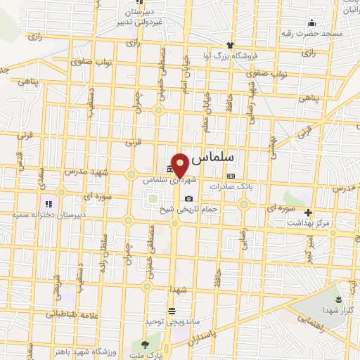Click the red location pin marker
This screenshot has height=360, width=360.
click(180, 165)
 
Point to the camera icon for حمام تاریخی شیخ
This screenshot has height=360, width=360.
click(188, 198)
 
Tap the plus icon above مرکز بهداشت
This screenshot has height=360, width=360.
click(307, 212)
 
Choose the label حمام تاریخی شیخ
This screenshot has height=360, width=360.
click(188, 210)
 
